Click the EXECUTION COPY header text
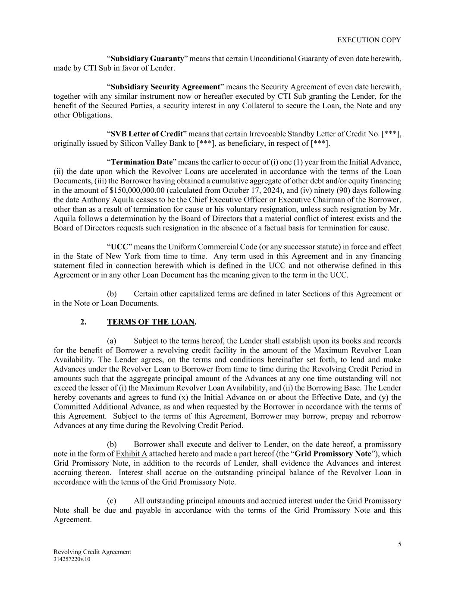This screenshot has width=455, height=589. (369, 40)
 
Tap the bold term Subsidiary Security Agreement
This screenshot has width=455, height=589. (165, 87)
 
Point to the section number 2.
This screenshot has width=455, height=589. (83, 322)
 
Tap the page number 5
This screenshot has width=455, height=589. (399, 544)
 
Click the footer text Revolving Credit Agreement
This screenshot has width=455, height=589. (92, 552)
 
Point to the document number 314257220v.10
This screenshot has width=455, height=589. (72, 559)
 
